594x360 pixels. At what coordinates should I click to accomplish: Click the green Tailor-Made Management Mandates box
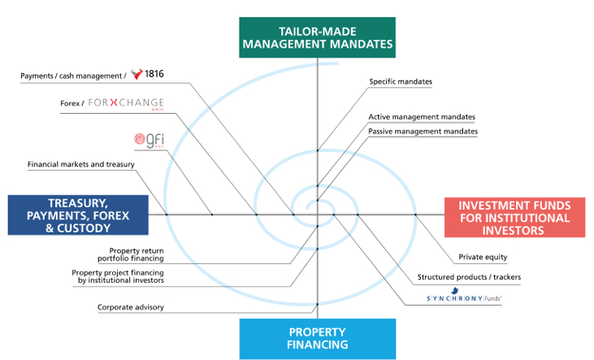317,37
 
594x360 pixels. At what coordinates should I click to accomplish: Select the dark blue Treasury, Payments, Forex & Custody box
78,215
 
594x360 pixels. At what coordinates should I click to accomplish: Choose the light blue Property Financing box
318,338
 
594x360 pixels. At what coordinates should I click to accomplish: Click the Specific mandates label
401,81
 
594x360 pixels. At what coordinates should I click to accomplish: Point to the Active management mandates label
422,117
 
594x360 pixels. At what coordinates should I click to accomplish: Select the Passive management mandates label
423,131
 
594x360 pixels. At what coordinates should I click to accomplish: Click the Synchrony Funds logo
464,299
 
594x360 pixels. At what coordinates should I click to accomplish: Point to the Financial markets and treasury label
80,164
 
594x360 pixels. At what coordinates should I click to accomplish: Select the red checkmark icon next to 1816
137,75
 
